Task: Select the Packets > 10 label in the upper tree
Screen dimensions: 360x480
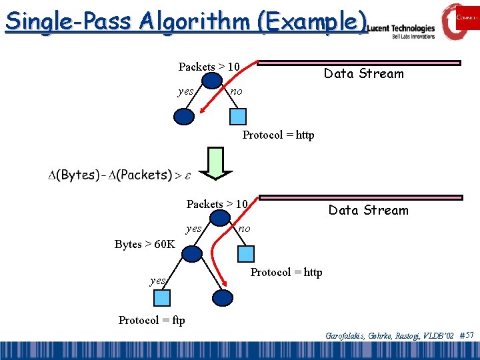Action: coord(209,67)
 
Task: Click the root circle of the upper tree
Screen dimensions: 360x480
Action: coord(212,81)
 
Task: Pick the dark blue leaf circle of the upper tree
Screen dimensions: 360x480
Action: coord(183,117)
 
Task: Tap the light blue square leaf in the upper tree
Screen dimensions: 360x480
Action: coord(237,117)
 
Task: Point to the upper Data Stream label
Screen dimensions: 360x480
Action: coord(363,74)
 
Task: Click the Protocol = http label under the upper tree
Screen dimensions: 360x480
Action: coord(278,135)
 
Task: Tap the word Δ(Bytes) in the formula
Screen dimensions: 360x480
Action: coord(71,175)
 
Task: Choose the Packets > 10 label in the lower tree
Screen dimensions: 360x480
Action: coord(217,204)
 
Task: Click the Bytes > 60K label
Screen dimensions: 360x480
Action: coord(145,244)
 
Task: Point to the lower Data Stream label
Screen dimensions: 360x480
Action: coord(368,211)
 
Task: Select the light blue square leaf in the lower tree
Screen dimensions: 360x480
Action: coord(246,253)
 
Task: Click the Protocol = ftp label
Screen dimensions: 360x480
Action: coord(151,320)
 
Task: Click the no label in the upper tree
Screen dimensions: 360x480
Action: coord(236,91)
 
